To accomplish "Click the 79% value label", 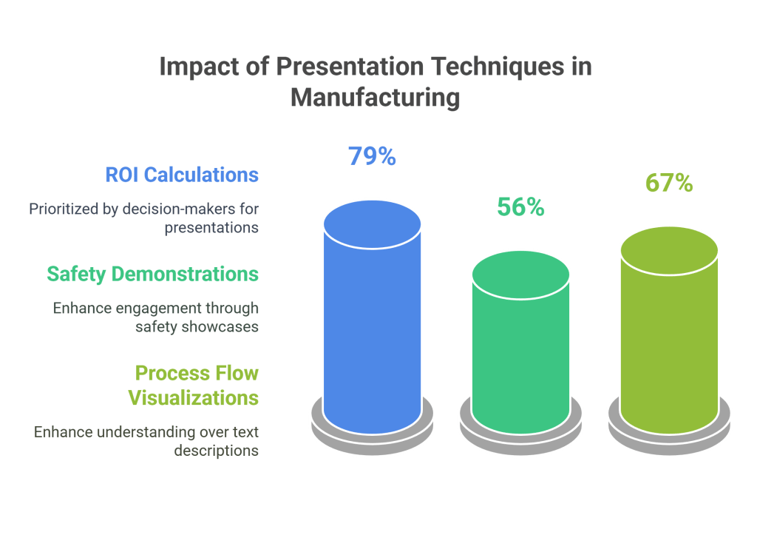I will point(373,156).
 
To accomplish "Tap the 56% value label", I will point(520,207).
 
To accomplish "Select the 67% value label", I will point(668,183).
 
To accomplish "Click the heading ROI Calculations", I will point(182,175).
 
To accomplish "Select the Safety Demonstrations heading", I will point(152,274).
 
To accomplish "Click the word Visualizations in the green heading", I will point(194,397).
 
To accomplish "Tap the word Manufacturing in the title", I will point(375,97).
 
